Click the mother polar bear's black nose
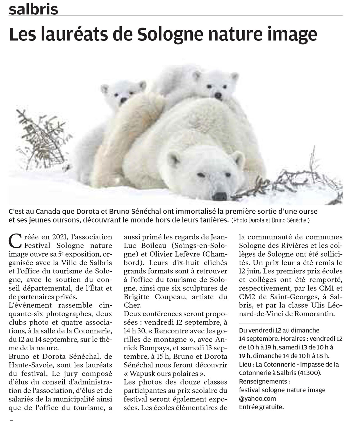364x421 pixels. (x=220, y=196)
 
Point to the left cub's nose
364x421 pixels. (x=123, y=100)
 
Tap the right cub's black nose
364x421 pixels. (x=218, y=96)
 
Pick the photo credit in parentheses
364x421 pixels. (x=270, y=221)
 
